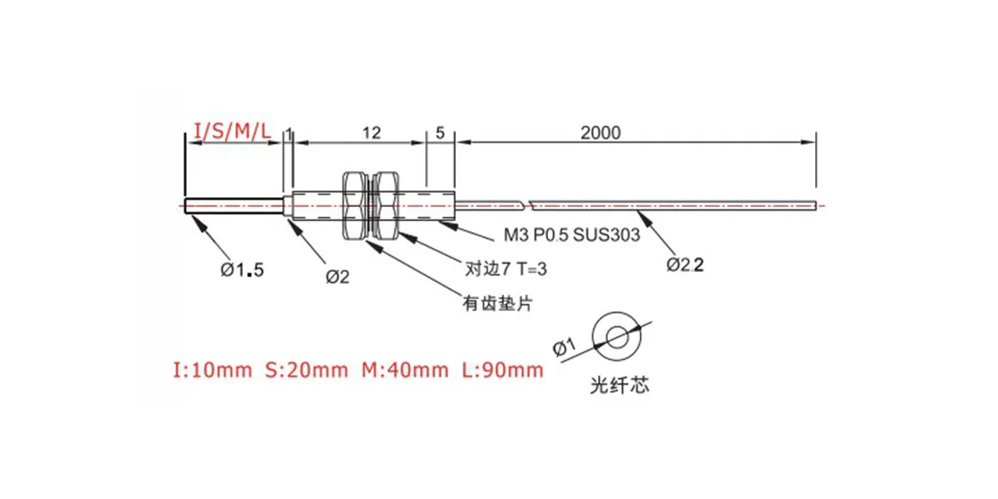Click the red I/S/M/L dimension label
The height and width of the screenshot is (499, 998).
(x=232, y=131)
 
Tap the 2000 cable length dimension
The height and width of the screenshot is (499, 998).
(x=600, y=133)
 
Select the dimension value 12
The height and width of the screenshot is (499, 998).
(x=371, y=133)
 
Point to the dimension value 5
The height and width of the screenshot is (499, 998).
(x=440, y=133)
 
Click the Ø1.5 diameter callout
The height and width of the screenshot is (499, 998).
(x=242, y=269)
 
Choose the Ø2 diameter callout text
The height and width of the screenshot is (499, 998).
(x=338, y=277)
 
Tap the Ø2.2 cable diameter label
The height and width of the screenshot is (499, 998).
(x=684, y=265)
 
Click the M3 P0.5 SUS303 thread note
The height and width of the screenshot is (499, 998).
(x=571, y=235)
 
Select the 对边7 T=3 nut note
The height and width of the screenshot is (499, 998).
(x=506, y=269)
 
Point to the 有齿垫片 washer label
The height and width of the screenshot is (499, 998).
(x=497, y=304)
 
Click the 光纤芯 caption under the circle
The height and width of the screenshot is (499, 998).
(x=620, y=385)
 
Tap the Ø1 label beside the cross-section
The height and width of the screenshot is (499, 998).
(x=565, y=347)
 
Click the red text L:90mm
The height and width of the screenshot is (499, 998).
(x=502, y=370)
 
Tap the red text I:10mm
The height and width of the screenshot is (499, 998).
(x=212, y=370)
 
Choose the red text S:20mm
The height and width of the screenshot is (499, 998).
(x=307, y=370)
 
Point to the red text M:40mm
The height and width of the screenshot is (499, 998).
(x=405, y=370)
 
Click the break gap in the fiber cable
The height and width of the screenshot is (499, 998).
(x=526, y=205)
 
